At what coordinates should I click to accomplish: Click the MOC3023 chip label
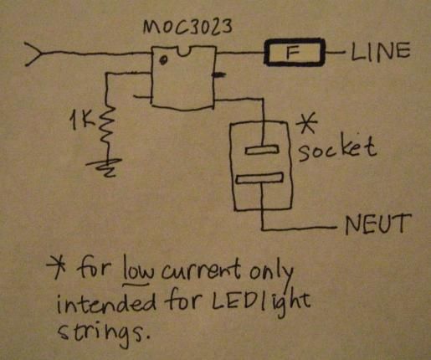coord(187,28)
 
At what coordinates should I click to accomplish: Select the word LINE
coord(380,52)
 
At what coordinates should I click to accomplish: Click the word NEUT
coord(377,224)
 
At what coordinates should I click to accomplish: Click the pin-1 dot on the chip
coord(163,60)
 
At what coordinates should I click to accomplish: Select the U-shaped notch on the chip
coord(184,52)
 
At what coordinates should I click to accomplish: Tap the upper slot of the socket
coord(262,150)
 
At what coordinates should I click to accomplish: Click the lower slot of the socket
coord(259,178)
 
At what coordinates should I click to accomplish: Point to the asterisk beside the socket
coord(307,124)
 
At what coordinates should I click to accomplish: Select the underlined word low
coord(137,270)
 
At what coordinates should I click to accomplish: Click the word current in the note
coord(201,270)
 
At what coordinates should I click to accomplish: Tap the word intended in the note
coord(106,303)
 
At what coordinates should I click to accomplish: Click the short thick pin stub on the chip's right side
coord(218,75)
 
